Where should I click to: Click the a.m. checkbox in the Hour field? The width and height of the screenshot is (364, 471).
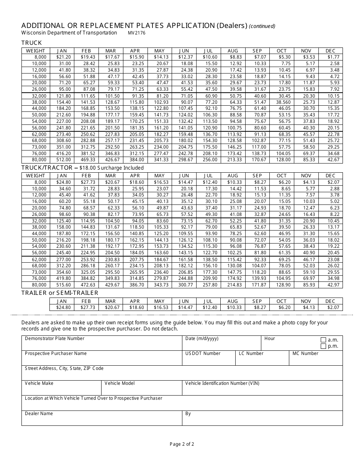(323, 340)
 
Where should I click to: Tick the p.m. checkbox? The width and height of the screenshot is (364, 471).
(323, 346)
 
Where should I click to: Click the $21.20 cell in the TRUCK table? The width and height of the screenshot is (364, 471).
(64, 57)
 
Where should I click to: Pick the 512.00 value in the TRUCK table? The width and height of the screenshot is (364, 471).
(64, 160)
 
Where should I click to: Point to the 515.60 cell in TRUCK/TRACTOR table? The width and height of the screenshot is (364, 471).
(64, 285)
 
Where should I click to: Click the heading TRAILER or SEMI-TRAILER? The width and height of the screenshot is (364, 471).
(60, 293)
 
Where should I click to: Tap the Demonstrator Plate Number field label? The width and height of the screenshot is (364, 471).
(54, 339)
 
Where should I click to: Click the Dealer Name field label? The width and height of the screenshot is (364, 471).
(39, 414)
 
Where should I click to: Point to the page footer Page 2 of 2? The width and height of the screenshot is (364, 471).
(182, 444)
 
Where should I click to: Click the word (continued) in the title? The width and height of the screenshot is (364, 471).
(262, 26)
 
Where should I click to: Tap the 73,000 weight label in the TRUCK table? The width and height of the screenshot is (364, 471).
(39, 147)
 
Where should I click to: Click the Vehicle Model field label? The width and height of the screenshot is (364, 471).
(120, 383)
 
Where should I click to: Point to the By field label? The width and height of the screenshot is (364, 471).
(188, 414)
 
